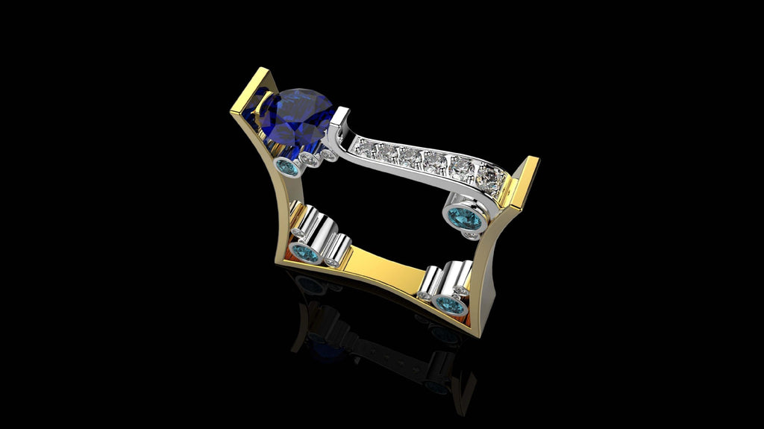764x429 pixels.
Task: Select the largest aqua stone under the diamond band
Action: coord(464,219)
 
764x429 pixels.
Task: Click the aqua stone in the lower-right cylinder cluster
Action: coord(449,304)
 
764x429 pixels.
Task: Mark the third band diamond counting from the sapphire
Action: coord(410,157)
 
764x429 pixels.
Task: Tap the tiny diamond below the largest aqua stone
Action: coord(471,236)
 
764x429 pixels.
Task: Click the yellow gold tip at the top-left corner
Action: coord(261,75)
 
